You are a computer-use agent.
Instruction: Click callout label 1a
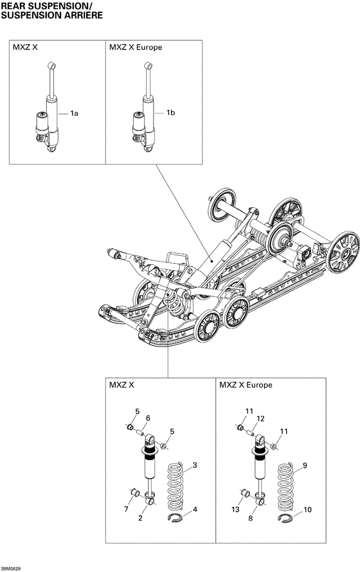point(75,113)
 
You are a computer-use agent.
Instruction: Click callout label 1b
point(171,113)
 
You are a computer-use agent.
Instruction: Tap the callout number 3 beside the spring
point(195,464)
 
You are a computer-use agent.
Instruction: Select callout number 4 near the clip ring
point(195,510)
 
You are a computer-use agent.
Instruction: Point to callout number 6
point(147,418)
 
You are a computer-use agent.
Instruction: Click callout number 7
point(126,510)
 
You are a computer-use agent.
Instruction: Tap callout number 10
point(307,510)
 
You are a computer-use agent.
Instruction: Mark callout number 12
point(260,418)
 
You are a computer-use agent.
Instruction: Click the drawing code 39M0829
point(14,568)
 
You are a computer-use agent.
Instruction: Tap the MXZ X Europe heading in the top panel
point(135,48)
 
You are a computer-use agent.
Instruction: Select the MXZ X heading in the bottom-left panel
point(122,385)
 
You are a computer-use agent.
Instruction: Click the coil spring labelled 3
point(175,482)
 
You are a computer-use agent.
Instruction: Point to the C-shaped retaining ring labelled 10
point(287,520)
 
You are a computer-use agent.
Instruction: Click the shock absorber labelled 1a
point(48,112)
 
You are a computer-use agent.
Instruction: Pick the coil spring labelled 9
point(287,482)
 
